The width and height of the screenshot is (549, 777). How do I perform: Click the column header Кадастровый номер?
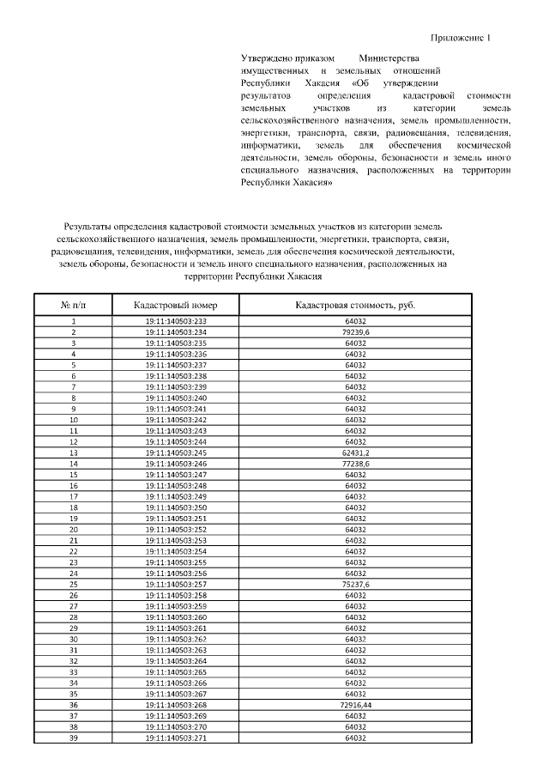(x=177, y=305)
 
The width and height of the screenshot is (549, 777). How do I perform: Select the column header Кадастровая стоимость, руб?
(x=355, y=305)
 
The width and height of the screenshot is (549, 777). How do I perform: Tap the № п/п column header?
(x=74, y=305)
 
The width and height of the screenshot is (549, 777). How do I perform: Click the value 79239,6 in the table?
(x=355, y=331)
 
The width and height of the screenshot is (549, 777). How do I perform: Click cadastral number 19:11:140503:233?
(x=177, y=320)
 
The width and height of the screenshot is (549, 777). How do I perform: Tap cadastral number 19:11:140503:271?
(x=177, y=738)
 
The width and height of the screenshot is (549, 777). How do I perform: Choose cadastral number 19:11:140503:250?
(x=177, y=507)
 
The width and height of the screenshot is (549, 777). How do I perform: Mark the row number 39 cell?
(x=74, y=738)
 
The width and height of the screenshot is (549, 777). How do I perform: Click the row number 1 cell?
(x=74, y=320)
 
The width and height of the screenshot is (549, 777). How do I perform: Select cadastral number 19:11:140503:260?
(x=177, y=617)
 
